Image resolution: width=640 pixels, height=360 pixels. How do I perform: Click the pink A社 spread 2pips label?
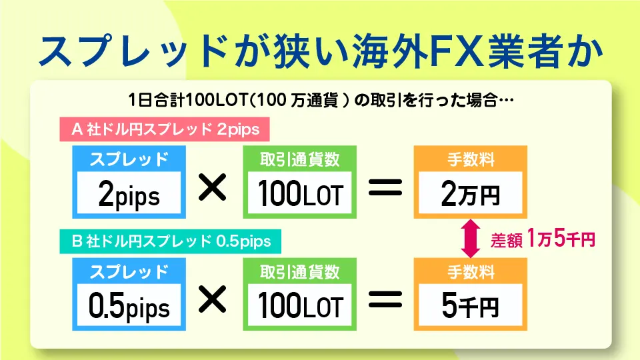(165, 129)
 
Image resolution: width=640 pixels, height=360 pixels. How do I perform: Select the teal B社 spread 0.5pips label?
(170, 241)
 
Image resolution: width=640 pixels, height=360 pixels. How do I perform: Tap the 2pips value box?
(129, 193)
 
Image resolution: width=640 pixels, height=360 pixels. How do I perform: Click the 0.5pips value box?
(129, 305)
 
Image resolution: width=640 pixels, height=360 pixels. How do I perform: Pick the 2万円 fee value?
(470, 193)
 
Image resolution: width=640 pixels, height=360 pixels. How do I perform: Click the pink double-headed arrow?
(470, 239)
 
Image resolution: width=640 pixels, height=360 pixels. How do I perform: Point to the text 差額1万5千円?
(543, 239)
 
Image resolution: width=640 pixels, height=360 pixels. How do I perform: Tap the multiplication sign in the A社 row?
(212, 187)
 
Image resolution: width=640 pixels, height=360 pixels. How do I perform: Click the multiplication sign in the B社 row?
(212, 299)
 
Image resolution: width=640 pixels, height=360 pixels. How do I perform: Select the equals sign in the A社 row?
(385, 187)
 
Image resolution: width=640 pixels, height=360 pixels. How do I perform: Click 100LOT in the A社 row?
(300, 193)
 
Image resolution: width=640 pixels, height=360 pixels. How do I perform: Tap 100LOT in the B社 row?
(300, 305)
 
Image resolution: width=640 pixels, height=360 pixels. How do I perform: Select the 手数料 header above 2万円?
(471, 159)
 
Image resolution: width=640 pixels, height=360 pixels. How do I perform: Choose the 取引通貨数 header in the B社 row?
(300, 271)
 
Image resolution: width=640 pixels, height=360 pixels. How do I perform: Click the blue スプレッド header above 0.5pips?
(129, 272)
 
